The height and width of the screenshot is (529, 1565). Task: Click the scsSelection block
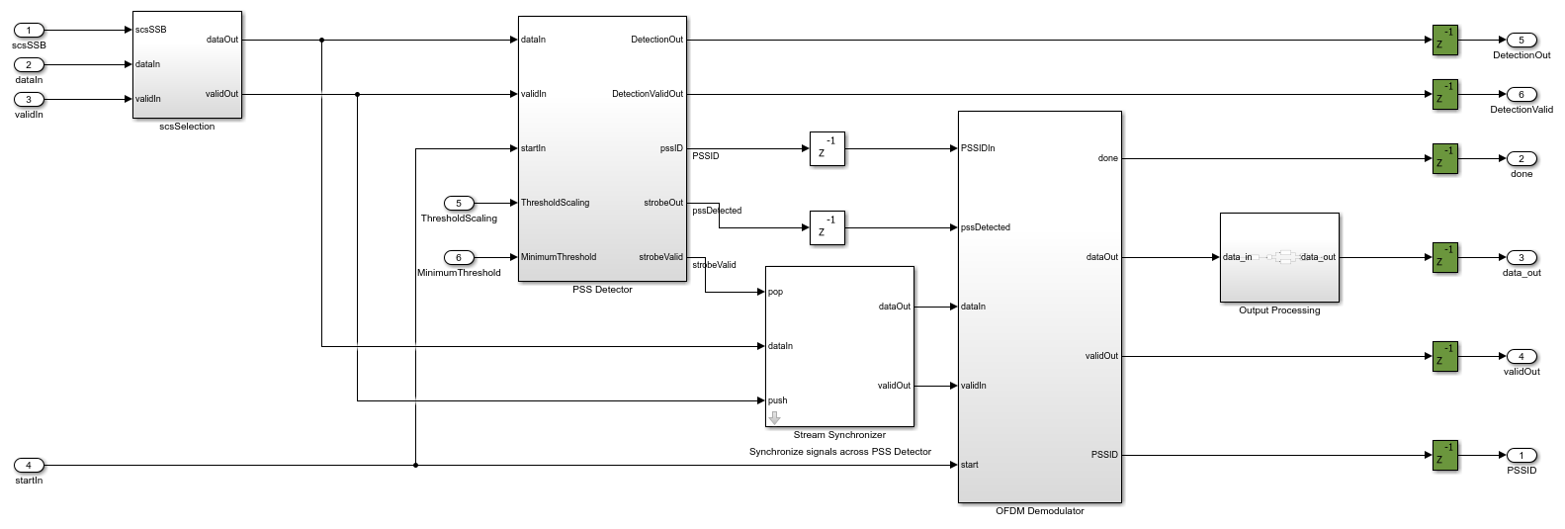(x=187, y=65)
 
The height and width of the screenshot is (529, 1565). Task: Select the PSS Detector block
(x=602, y=148)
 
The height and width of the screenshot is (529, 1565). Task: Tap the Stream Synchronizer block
(x=839, y=346)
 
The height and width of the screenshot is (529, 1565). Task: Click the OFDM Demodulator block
(x=1039, y=307)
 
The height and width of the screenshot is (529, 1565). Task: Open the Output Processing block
(x=1279, y=257)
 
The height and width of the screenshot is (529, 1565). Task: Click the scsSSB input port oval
(x=29, y=30)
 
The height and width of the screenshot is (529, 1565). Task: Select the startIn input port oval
(x=29, y=465)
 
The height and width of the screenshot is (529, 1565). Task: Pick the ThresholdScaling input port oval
(x=459, y=203)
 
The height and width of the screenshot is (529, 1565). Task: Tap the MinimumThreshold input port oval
(x=459, y=257)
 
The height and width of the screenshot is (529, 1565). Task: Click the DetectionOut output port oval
(x=1521, y=41)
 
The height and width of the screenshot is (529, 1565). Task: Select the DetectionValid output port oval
(x=1521, y=95)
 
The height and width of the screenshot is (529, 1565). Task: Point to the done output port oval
(x=1521, y=159)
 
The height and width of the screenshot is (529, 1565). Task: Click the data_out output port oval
(x=1521, y=257)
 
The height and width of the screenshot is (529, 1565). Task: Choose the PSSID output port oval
(x=1521, y=455)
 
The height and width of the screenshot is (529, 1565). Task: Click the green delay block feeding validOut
(x=1445, y=356)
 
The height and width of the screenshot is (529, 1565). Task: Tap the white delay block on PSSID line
(x=826, y=148)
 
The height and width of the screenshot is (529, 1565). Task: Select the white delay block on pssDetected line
(x=826, y=227)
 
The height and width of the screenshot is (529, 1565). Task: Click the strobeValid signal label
(x=714, y=265)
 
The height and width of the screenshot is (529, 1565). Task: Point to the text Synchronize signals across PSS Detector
(x=839, y=452)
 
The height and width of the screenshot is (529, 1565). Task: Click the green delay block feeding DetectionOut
(x=1445, y=41)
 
